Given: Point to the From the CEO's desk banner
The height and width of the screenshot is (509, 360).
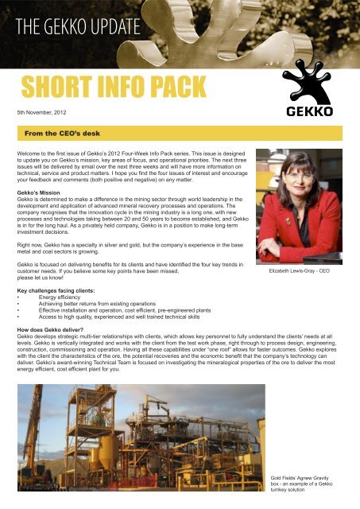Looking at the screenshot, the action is coord(68,127).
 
